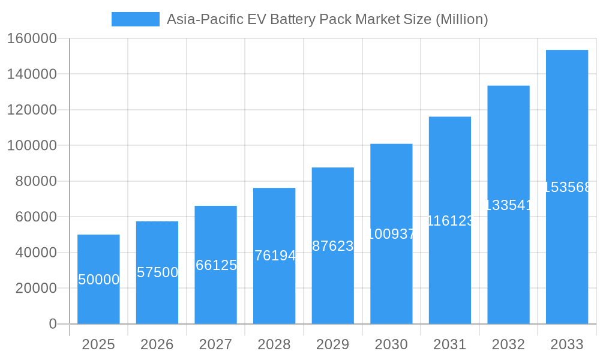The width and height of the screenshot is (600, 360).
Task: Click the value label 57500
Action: pyautogui.click(x=157, y=272)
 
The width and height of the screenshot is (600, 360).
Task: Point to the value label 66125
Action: pyautogui.click(x=216, y=265)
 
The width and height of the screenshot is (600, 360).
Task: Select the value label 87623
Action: pyautogui.click(x=333, y=246)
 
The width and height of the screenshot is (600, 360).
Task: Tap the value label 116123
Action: pyautogui.click(x=450, y=221)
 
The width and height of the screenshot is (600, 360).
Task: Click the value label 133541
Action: pyautogui.click(x=508, y=205)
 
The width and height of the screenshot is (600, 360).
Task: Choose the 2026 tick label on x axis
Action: pyautogui.click(x=157, y=344)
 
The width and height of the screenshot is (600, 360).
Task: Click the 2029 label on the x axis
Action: pyautogui.click(x=333, y=344)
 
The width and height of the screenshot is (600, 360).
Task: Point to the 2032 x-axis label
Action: pyautogui.click(x=508, y=344)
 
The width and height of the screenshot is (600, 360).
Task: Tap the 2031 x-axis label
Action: pyautogui.click(x=450, y=344)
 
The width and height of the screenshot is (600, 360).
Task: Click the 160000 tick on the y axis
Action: pyautogui.click(x=32, y=39)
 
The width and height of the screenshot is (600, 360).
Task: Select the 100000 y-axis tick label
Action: pyautogui.click(x=32, y=146)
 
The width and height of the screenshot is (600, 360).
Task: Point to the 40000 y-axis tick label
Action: pyautogui.click(x=35, y=253)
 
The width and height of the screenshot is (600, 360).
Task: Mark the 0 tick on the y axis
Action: pyautogui.click(x=52, y=324)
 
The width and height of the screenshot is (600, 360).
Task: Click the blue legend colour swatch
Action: pyautogui.click(x=136, y=19)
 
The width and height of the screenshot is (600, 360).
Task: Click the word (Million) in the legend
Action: pyautogui.click(x=461, y=19)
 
